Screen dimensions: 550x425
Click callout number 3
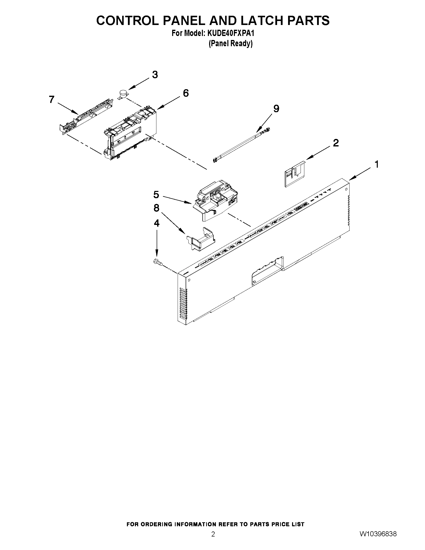(155, 75)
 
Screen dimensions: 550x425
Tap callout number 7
(52, 100)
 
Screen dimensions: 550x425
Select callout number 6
(186, 93)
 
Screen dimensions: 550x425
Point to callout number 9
(276, 109)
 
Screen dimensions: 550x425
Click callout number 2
(336, 143)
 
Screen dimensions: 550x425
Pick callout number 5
(156, 195)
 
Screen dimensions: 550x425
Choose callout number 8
(156, 208)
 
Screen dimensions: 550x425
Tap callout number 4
(157, 223)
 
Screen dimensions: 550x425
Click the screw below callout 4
(158, 262)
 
